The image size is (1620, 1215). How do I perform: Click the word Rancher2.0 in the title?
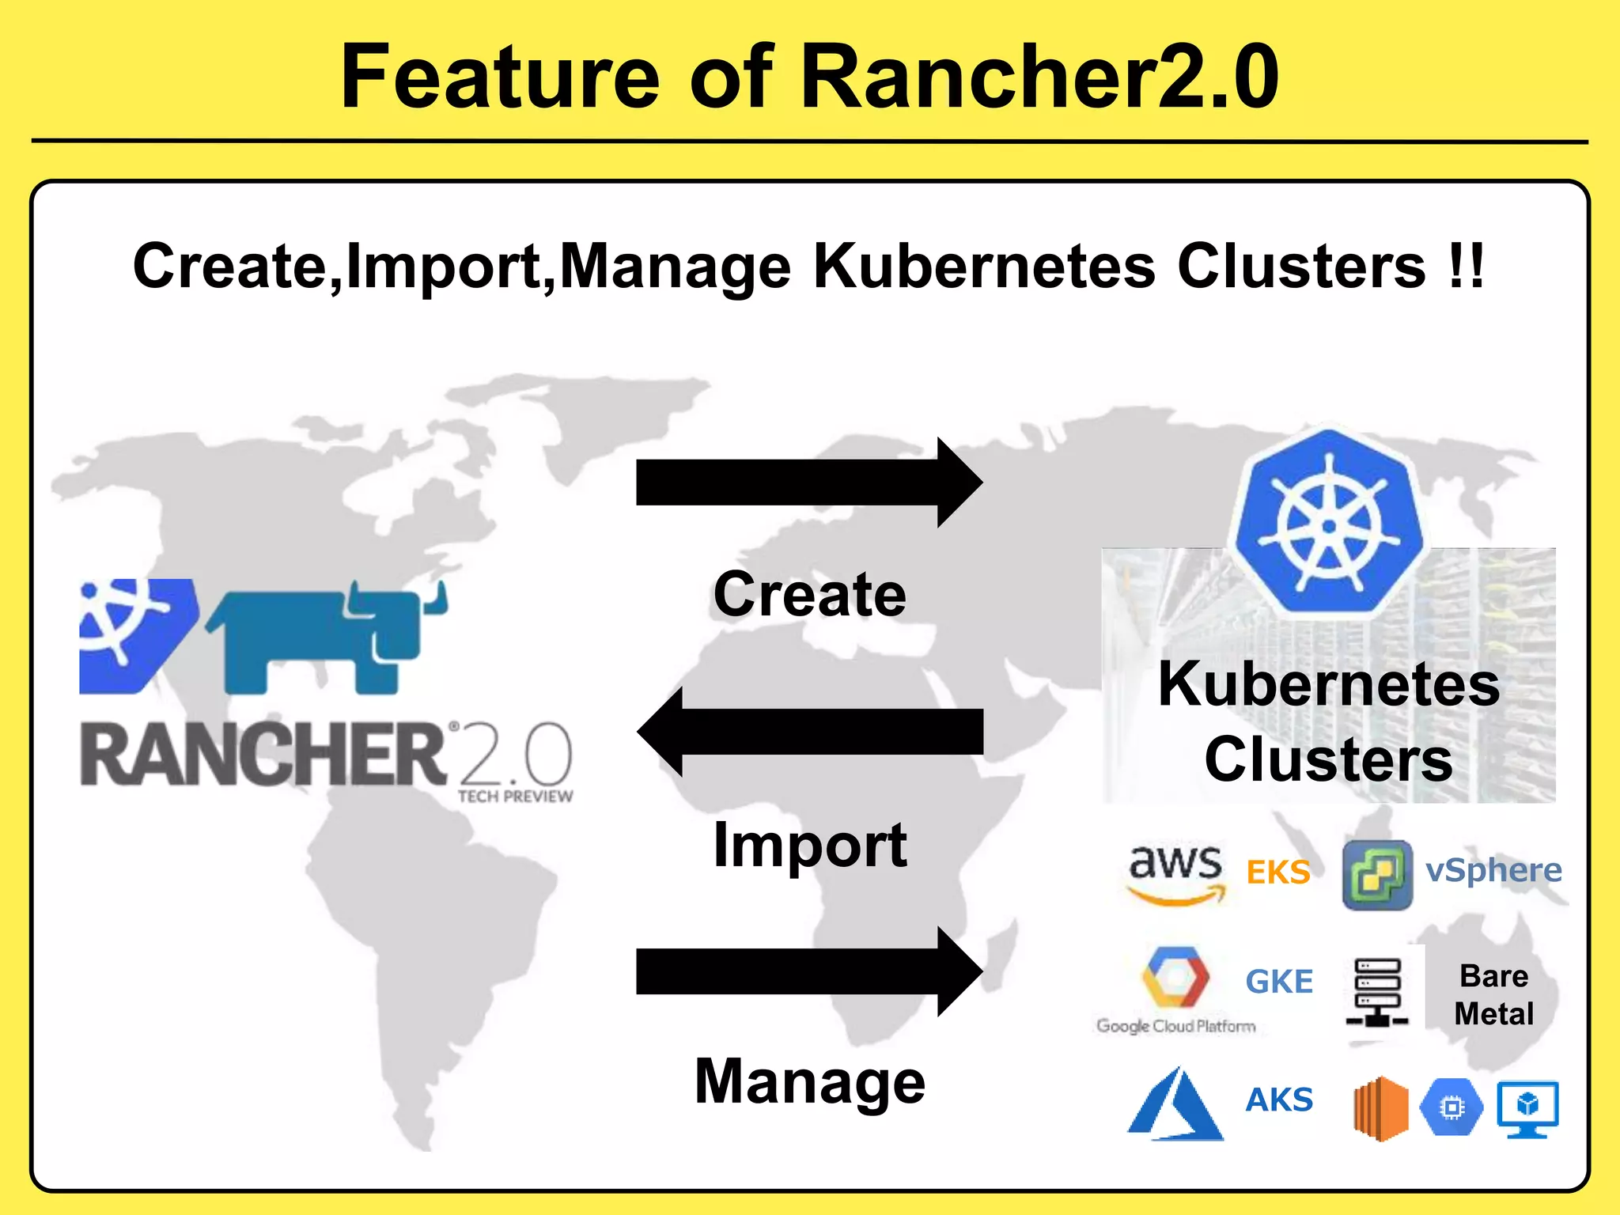point(1039,77)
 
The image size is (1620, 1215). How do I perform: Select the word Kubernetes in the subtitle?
point(984,267)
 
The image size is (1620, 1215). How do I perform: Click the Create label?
point(809,594)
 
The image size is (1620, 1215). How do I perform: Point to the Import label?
point(809,845)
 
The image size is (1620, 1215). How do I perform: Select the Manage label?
point(809,1081)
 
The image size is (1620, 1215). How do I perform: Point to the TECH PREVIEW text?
point(515,797)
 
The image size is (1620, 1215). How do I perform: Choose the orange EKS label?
point(1278,872)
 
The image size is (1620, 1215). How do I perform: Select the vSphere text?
point(1493,870)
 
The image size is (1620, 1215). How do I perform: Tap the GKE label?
point(1279,982)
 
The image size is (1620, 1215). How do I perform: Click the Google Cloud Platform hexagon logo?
point(1175,977)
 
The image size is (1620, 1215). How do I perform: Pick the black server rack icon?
point(1377,993)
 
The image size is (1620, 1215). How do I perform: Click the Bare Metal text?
point(1493,994)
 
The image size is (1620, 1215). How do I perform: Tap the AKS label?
point(1279,1100)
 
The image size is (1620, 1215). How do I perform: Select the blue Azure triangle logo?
point(1175,1105)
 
